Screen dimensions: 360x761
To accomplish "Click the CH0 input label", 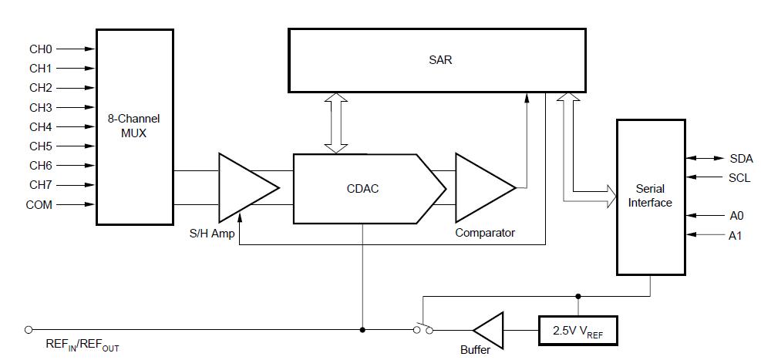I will pyautogui.click(x=40, y=49).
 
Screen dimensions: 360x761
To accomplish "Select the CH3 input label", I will pyautogui.click(x=40, y=107).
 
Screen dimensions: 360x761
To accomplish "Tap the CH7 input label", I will pyautogui.click(x=40, y=185).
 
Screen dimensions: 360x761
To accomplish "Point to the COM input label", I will pyautogui.click(x=39, y=204).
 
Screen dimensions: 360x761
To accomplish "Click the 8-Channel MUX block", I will pyautogui.click(x=134, y=126).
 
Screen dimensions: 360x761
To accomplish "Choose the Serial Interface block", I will pyautogui.click(x=649, y=196).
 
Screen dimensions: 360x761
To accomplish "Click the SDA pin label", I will pyautogui.click(x=741, y=158).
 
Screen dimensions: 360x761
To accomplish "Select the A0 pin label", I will pyautogui.click(x=736, y=216).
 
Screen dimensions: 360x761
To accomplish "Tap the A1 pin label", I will pyautogui.click(x=736, y=235).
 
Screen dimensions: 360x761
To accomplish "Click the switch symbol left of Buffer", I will pyautogui.click(x=423, y=327).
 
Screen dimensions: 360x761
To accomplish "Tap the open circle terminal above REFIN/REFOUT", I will pyautogui.click(x=29, y=330).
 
